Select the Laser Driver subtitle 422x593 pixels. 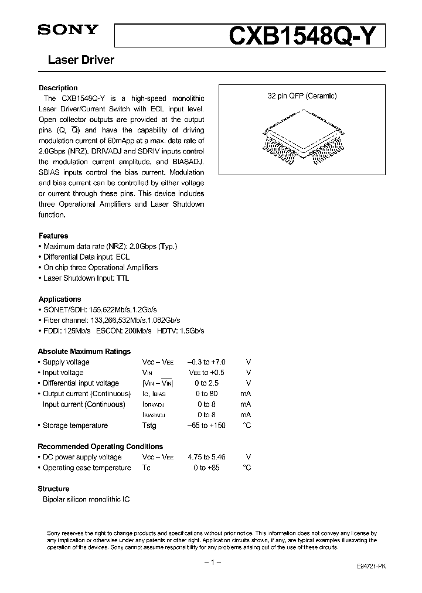(76, 60)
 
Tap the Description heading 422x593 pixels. (58, 88)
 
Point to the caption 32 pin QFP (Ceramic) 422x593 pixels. (302, 96)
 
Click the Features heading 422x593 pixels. (53, 236)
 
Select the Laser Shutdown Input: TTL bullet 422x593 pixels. (86, 278)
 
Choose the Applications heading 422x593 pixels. (60, 299)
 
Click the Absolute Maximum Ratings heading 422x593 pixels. (84, 352)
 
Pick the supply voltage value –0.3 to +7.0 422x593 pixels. (206, 362)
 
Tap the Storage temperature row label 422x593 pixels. (75, 425)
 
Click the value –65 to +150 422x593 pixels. (206, 425)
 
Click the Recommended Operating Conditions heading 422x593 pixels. (100, 447)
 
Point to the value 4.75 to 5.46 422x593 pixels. (206, 457)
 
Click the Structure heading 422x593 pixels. (53, 489)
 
